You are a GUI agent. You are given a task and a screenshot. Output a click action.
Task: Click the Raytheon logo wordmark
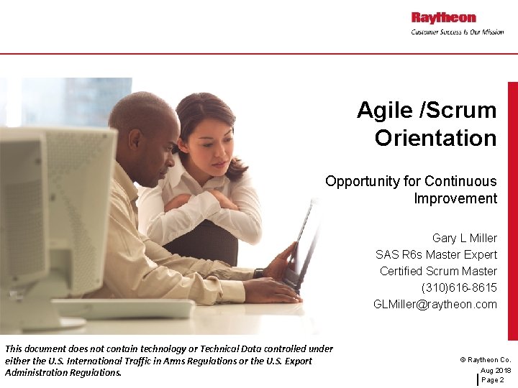pos(443,17)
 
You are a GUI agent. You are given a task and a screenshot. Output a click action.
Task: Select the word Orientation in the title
pos(435,138)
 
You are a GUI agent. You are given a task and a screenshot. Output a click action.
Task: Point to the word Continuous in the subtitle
pos(460,181)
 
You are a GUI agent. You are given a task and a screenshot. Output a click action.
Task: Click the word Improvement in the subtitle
pos(455,198)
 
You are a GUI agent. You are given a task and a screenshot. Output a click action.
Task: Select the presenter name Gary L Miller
pos(464,238)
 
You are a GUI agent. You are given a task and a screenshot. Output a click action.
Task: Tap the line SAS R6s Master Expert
pos(436,254)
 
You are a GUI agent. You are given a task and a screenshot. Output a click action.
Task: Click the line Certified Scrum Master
pos(438,271)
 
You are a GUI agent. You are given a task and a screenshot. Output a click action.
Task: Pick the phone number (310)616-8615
pos(459,287)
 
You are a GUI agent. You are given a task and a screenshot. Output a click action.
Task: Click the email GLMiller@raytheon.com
pos(435,304)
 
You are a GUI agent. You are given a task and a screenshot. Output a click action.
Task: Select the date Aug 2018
pos(496,370)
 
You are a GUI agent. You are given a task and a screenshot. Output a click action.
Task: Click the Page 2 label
pos(492,379)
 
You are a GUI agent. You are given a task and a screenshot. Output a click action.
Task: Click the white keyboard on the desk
pos(122,309)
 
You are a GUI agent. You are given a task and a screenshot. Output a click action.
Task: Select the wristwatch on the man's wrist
pos(258,273)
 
